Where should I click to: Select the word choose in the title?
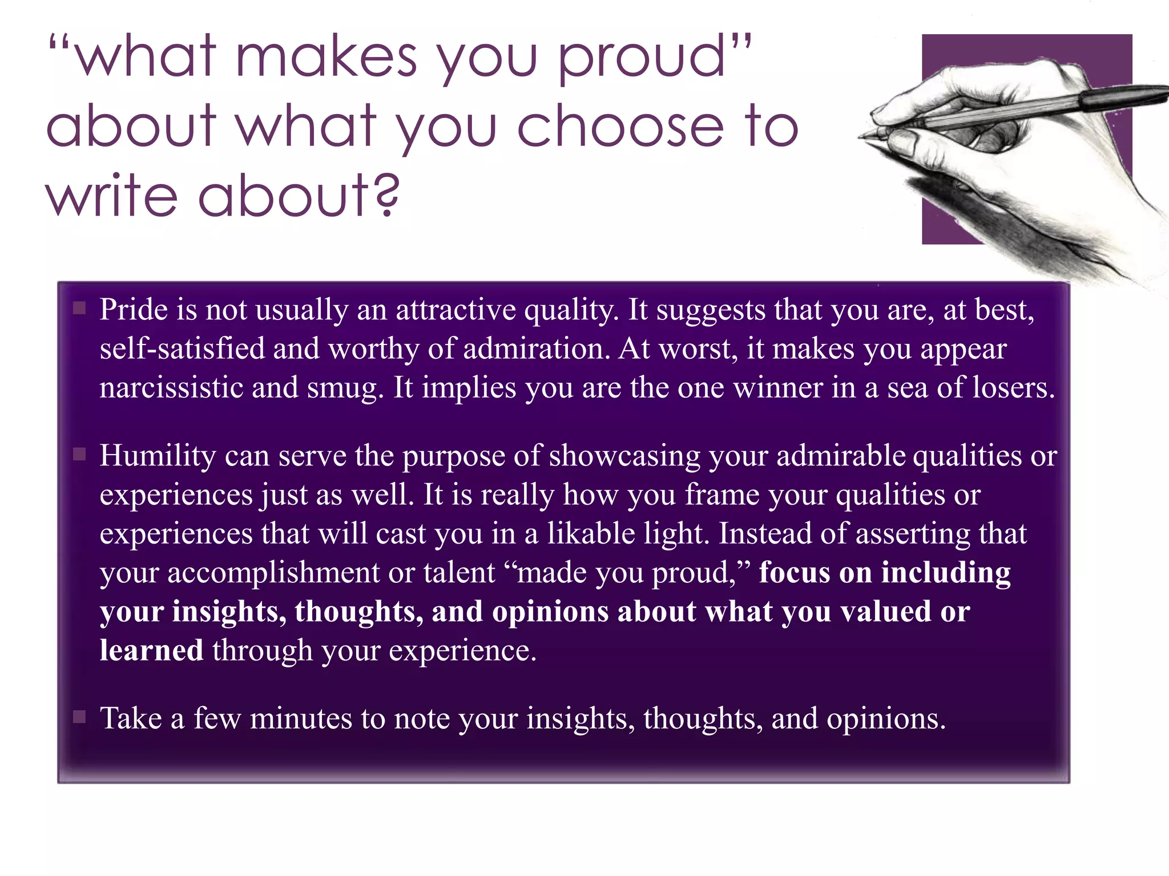[620, 127]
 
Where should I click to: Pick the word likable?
[591, 534]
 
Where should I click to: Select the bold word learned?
[151, 650]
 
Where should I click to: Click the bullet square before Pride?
[79, 309]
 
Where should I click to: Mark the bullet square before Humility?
[79, 455]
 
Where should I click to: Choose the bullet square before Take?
[79, 717]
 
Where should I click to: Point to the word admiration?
[537, 349]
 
